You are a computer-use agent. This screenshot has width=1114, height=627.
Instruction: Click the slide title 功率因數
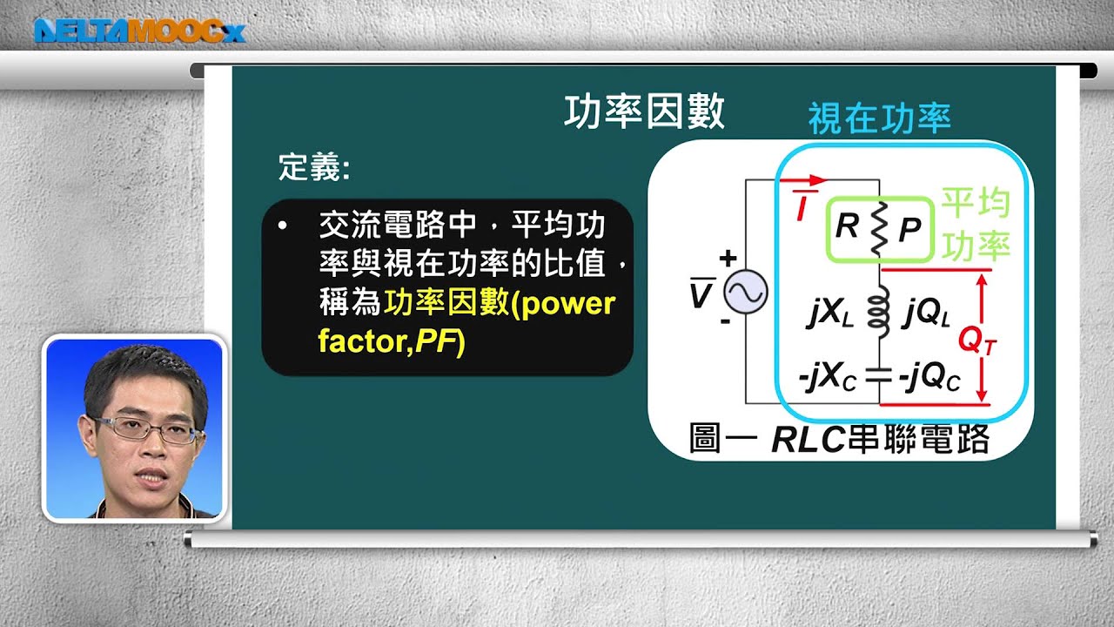click(x=644, y=113)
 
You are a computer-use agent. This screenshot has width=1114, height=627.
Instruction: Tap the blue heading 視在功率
click(x=879, y=119)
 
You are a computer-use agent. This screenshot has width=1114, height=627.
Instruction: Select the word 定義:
click(x=314, y=167)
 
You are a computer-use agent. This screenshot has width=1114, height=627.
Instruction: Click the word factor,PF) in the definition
click(x=393, y=342)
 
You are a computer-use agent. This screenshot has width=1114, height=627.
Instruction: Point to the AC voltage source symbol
click(x=746, y=292)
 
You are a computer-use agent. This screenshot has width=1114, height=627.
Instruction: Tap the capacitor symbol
click(x=879, y=378)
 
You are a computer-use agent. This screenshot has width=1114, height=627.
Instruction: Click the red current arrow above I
click(x=804, y=181)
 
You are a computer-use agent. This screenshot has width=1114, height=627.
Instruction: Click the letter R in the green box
click(x=847, y=227)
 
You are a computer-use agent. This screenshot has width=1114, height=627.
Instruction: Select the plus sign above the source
click(x=728, y=259)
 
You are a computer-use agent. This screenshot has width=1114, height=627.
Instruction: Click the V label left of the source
click(x=700, y=293)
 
